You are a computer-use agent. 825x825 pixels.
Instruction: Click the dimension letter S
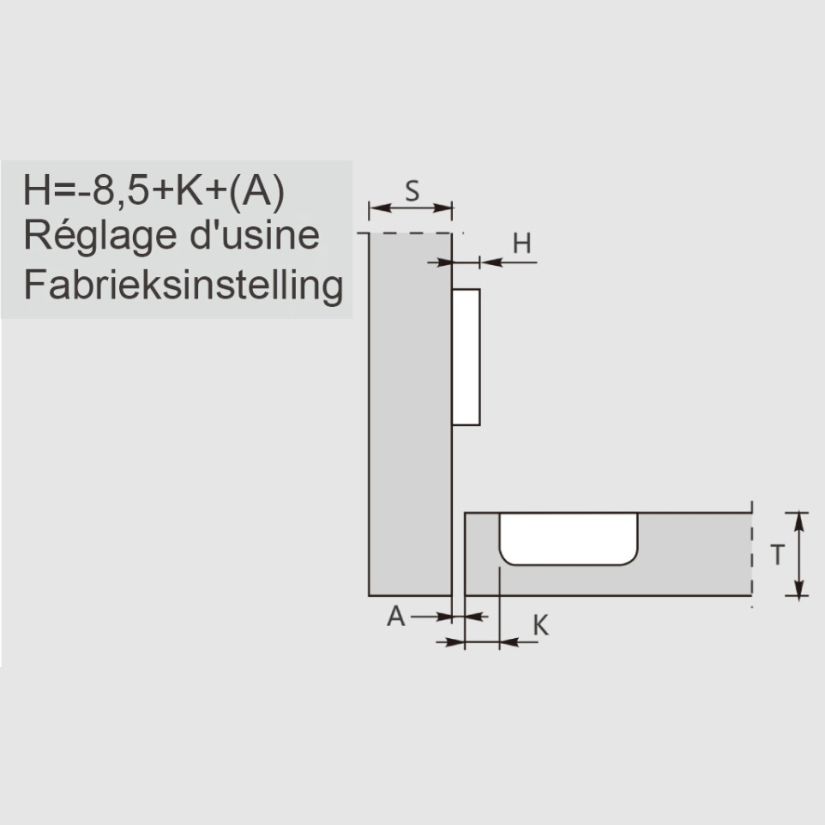412,190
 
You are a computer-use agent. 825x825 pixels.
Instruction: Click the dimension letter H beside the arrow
521,244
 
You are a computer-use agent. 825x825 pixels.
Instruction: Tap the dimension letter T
777,555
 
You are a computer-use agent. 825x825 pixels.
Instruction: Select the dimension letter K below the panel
540,625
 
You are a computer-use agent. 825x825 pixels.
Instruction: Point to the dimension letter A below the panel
396,616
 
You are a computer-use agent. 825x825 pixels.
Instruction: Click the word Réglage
100,236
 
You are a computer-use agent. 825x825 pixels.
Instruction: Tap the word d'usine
255,235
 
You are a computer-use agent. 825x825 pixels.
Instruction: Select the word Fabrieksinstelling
184,286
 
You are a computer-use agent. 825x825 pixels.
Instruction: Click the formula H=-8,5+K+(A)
154,191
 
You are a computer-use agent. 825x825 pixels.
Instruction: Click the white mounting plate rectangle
467,357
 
